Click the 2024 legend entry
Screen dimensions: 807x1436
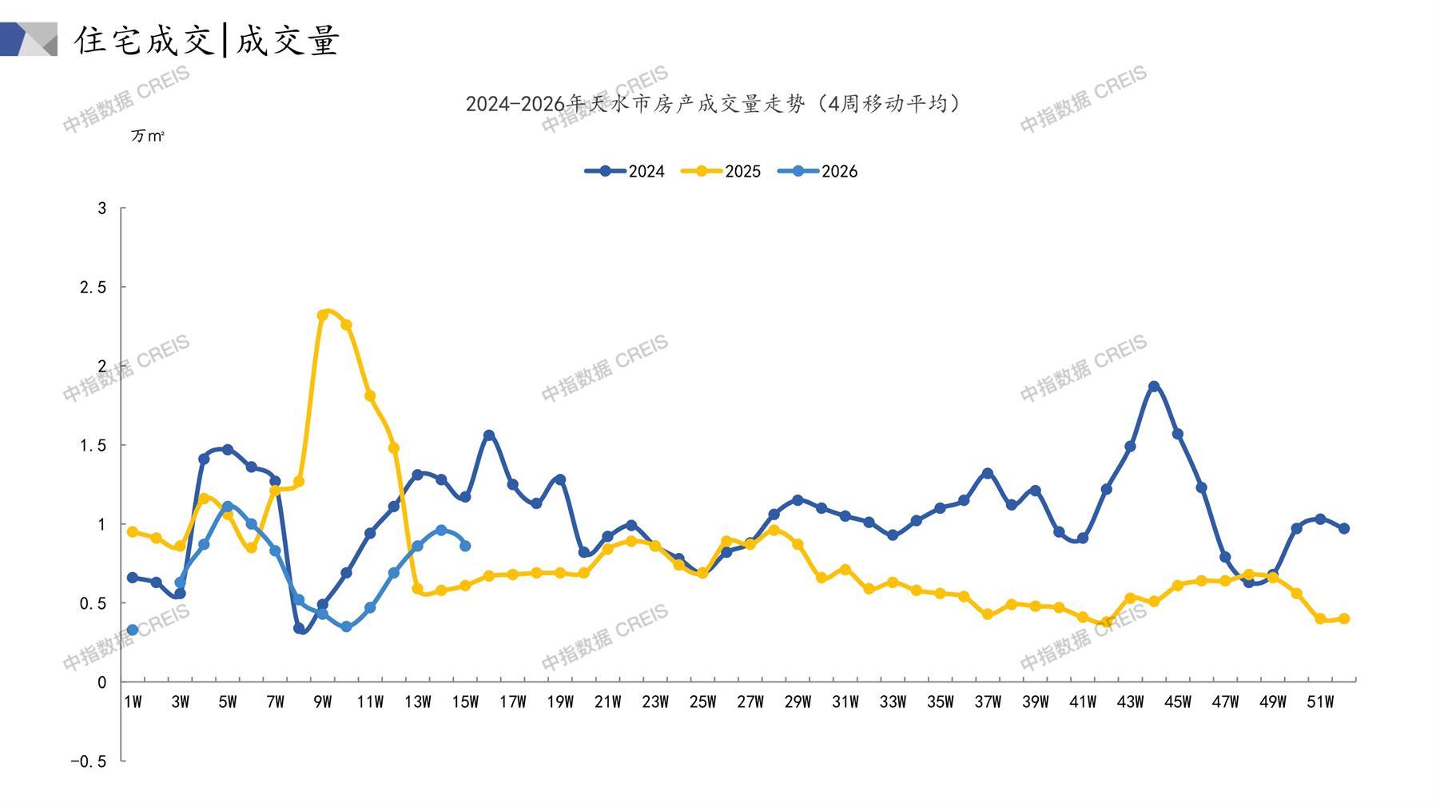[x=625, y=171]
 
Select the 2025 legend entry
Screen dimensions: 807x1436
[x=721, y=171]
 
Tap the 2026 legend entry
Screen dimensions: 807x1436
[x=817, y=171]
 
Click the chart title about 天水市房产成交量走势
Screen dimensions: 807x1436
[x=714, y=104]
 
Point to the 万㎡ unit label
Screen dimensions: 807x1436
[x=148, y=137]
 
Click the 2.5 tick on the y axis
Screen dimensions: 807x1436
[x=93, y=287]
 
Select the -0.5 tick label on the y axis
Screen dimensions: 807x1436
[x=88, y=761]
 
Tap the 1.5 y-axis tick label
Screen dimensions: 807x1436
[x=93, y=445]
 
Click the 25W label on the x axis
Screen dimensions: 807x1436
[x=702, y=702]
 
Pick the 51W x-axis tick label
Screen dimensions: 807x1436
[x=1320, y=702]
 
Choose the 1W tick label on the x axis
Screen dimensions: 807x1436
[x=133, y=702]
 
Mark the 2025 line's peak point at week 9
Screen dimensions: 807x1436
[x=323, y=315]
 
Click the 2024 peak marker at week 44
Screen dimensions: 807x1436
[x=1154, y=387]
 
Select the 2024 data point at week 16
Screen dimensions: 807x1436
[x=489, y=435]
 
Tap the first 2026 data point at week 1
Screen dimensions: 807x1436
[x=133, y=630]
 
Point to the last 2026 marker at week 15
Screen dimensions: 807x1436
[x=465, y=546]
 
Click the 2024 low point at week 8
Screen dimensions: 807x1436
[x=299, y=629]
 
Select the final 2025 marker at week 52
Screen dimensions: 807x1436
[x=1344, y=618]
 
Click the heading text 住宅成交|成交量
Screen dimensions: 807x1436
[x=207, y=40]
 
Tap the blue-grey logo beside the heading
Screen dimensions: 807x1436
[x=29, y=39]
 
